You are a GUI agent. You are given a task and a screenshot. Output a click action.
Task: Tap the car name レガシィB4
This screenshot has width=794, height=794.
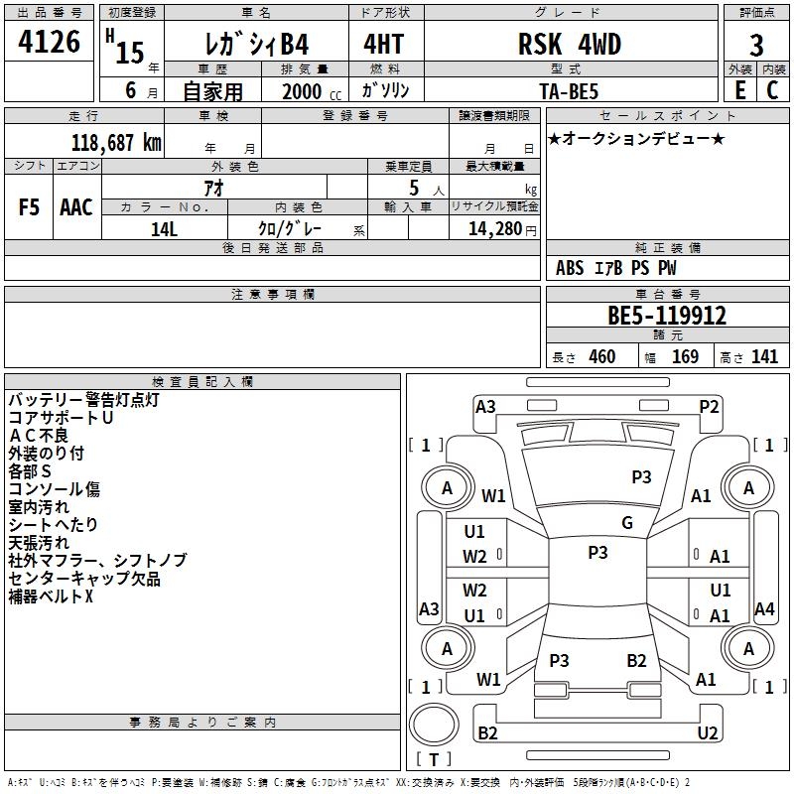[x=255, y=45]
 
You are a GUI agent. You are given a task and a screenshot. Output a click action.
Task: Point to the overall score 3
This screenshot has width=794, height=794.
[x=756, y=46]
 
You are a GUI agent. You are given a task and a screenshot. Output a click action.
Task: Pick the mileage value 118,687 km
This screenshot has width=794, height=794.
[x=115, y=142]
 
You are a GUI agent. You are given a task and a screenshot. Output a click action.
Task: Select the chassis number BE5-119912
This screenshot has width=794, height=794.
[x=667, y=317]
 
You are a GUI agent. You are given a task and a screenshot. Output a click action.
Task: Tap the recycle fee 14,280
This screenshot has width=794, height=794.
[x=494, y=228]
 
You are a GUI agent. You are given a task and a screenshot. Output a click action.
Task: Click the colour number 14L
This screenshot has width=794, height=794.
[x=164, y=228]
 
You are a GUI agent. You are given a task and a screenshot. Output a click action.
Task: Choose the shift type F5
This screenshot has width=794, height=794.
[x=29, y=207]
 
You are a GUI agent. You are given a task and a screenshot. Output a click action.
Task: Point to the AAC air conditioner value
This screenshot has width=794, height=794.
[x=76, y=207]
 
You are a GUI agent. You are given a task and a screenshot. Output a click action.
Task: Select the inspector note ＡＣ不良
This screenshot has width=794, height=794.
[x=39, y=435]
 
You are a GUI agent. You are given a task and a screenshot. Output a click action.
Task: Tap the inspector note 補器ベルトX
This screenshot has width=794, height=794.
[x=51, y=596]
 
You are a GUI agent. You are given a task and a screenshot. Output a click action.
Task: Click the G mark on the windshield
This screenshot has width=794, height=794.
[x=627, y=523]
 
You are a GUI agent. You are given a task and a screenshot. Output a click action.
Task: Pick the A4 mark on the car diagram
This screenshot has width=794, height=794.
[x=764, y=609]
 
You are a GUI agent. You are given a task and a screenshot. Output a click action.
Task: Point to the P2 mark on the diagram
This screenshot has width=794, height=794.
[x=709, y=406]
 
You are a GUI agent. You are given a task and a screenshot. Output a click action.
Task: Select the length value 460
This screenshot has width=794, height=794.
[x=601, y=357]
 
